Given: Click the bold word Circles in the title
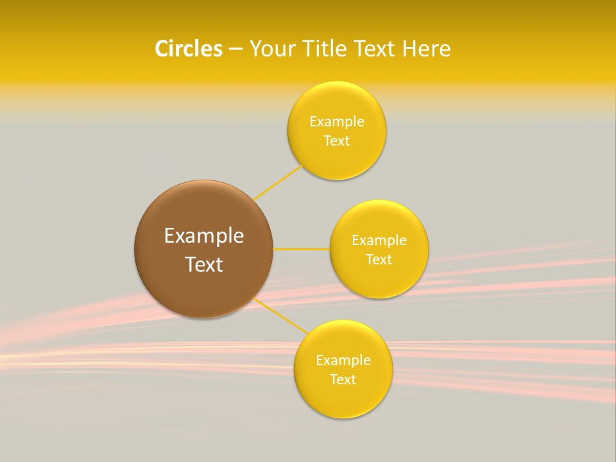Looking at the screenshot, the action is (x=189, y=49).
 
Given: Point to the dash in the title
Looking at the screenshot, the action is (x=235, y=49).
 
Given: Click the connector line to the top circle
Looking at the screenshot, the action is (x=278, y=182).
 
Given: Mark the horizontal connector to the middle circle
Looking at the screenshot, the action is (x=301, y=249).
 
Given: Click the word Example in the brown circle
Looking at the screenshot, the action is (x=204, y=236).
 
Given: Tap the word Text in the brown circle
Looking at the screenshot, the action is (x=204, y=264).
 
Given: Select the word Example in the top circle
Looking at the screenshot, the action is (x=337, y=122).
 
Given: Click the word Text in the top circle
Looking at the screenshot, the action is (x=336, y=141).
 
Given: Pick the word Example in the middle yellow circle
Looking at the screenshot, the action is (x=379, y=241).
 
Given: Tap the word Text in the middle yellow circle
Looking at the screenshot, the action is (x=379, y=260).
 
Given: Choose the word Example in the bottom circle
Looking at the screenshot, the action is (x=343, y=361).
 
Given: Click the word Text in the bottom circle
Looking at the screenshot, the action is (x=343, y=380).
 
